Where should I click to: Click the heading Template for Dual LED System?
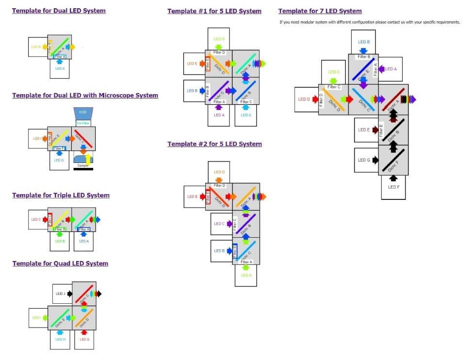(x=59, y=11)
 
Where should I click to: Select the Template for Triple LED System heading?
(x=61, y=195)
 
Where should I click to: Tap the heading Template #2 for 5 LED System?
(x=214, y=144)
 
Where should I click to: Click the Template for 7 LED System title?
(x=320, y=11)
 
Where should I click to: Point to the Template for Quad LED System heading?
(x=60, y=263)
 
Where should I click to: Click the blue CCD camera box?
(x=82, y=113)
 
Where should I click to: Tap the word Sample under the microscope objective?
(x=83, y=165)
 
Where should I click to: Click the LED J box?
(x=60, y=294)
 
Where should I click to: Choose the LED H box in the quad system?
(x=60, y=339)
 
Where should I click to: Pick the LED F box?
(x=393, y=187)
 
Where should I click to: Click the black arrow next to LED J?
(x=70, y=294)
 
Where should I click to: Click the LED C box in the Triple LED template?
(x=37, y=219)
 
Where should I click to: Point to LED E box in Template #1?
(x=194, y=64)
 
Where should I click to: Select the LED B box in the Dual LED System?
(x=37, y=47)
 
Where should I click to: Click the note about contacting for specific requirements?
(x=370, y=22)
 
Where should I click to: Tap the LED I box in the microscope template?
(x=37, y=139)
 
